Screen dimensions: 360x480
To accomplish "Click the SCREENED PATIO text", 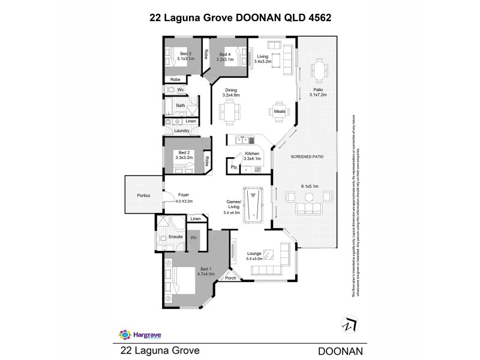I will pos(307,156).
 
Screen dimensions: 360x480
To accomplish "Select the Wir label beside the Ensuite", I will pos(194,238).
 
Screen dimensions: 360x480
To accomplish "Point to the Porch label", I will pos(230,278).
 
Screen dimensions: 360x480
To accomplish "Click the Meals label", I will pos(279,112).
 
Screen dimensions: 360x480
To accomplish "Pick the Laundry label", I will pos(182,131).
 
